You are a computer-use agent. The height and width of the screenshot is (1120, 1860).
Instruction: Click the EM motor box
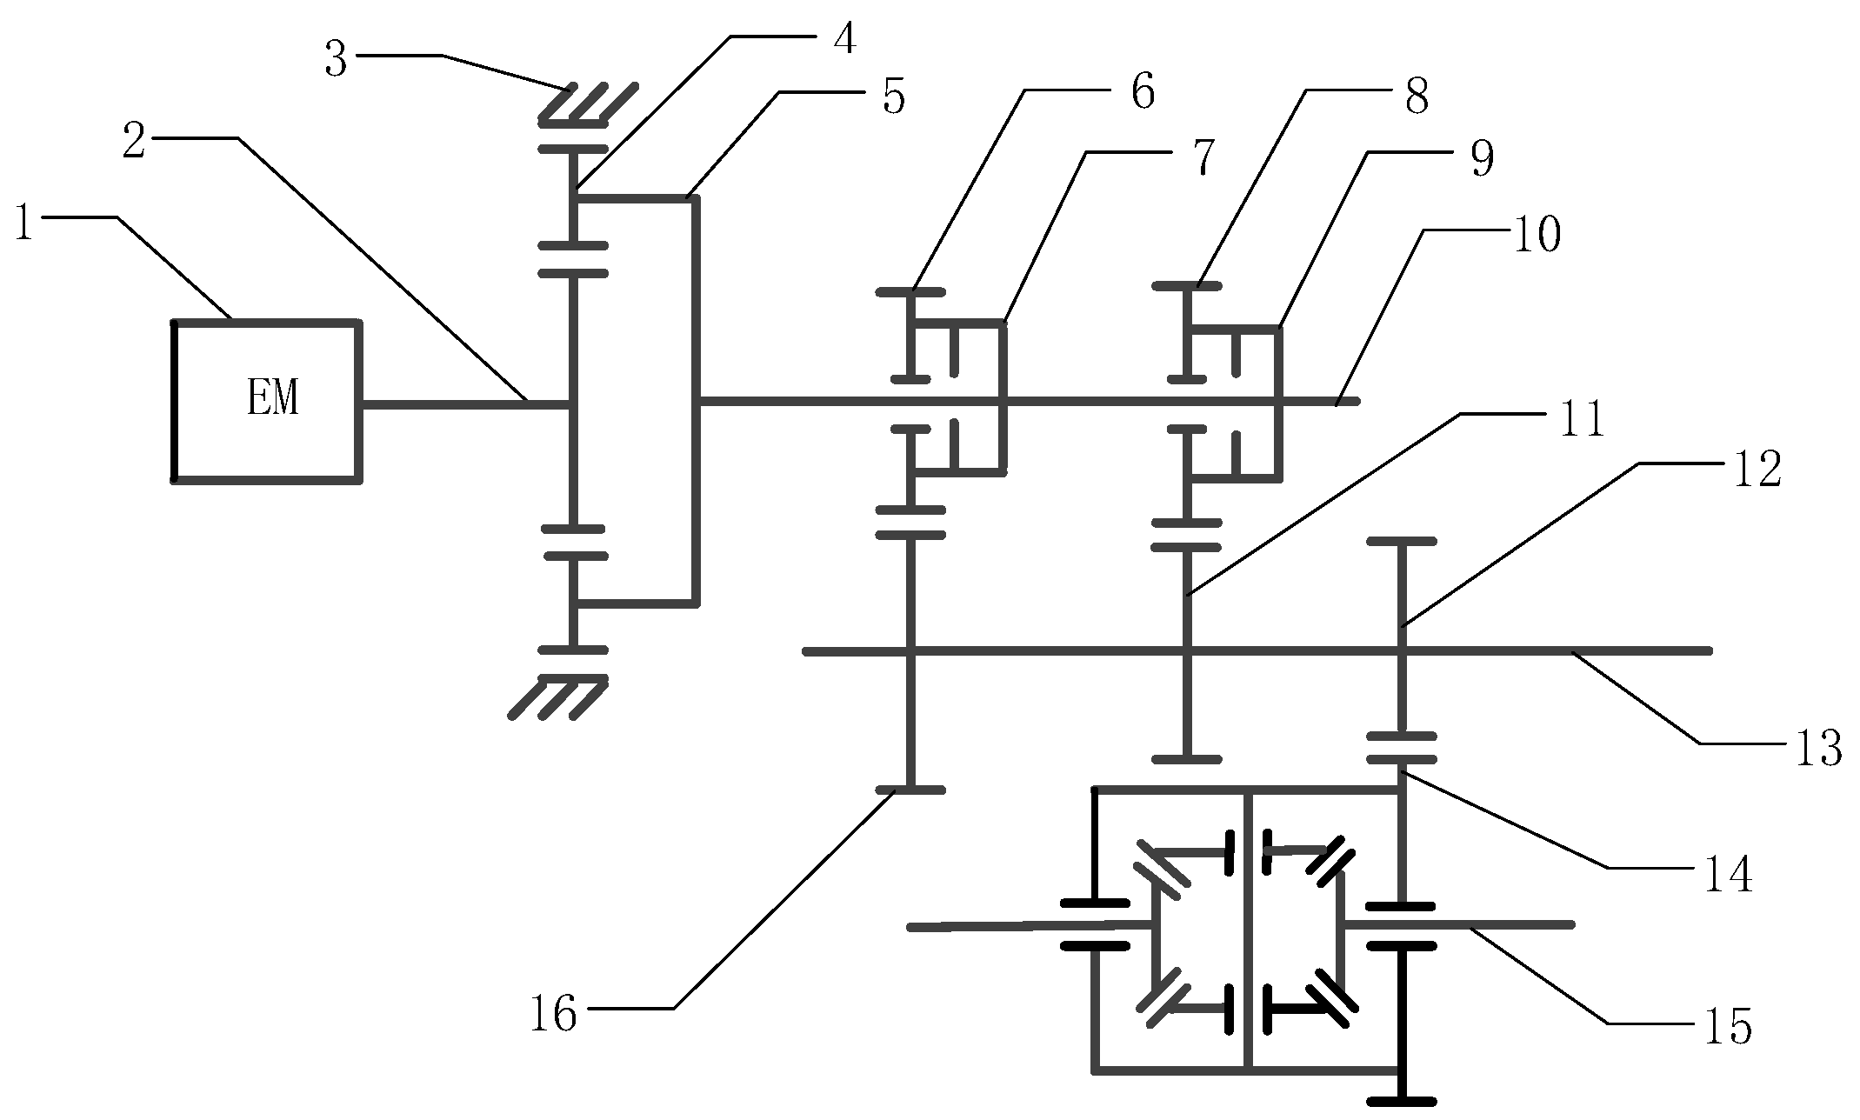[267, 400]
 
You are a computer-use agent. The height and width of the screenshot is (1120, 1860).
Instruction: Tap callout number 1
[24, 224]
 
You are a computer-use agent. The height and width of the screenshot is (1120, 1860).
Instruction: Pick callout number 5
[893, 97]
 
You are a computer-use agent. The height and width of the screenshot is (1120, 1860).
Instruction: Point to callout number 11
[1579, 421]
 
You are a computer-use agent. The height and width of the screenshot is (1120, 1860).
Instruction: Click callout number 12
[1757, 470]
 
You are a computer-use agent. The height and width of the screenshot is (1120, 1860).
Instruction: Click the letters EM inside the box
[272, 400]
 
